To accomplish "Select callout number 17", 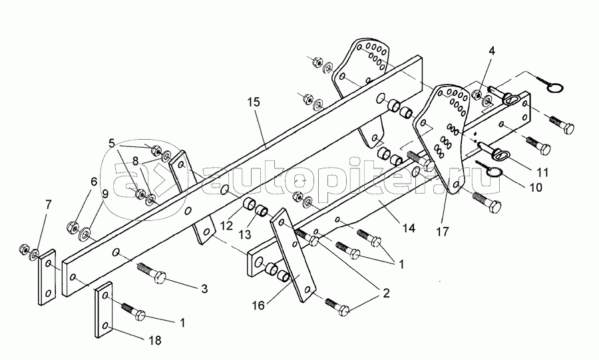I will point(443,232).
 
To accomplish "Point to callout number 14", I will point(408,228).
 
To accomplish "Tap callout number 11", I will point(543,171).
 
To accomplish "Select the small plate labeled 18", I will point(104,308).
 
